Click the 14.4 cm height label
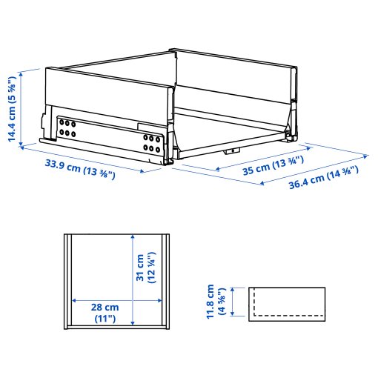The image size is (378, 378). click(x=12, y=106)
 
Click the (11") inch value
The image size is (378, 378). click(x=105, y=319)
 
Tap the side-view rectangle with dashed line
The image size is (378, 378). click(x=287, y=302)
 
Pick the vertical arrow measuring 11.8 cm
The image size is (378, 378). click(x=234, y=302)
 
